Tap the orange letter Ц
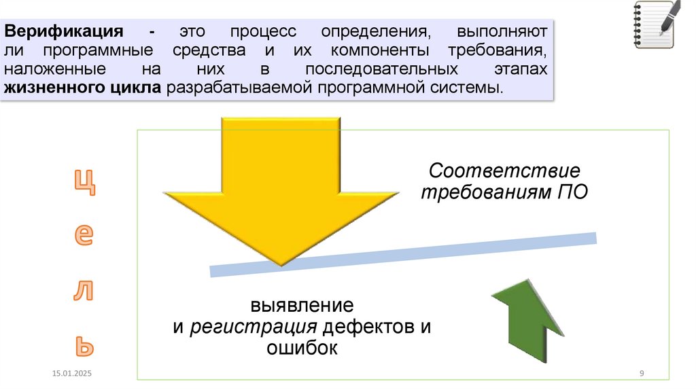85,182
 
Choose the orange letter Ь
84,346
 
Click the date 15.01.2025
71,374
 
